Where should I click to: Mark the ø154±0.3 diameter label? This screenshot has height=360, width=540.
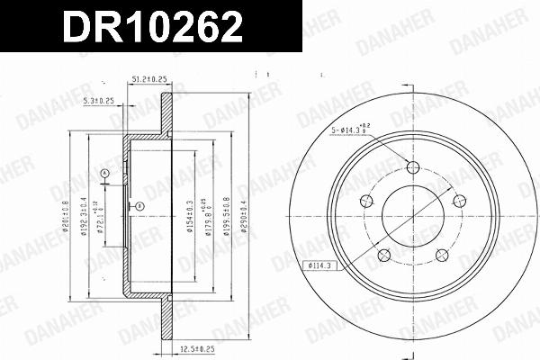pyautogui.click(x=190, y=216)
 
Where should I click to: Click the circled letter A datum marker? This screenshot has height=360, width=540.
pyautogui.click(x=104, y=172)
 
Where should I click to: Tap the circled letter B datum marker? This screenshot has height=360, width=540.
pyautogui.click(x=139, y=206)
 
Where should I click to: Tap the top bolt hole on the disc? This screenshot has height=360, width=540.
pyautogui.click(x=413, y=167)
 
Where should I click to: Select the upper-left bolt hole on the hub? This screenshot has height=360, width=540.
pyautogui.click(x=366, y=201)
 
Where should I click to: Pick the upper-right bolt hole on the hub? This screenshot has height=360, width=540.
pyautogui.click(x=459, y=201)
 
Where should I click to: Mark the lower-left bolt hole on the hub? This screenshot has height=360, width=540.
pyautogui.click(x=384, y=255)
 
